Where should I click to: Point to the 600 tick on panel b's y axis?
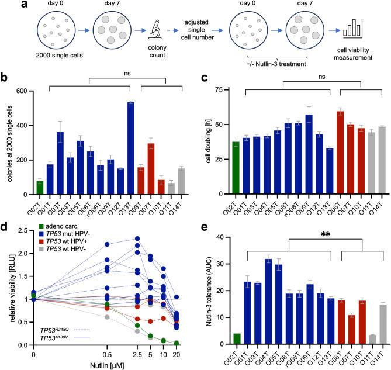[x=31, y=91]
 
